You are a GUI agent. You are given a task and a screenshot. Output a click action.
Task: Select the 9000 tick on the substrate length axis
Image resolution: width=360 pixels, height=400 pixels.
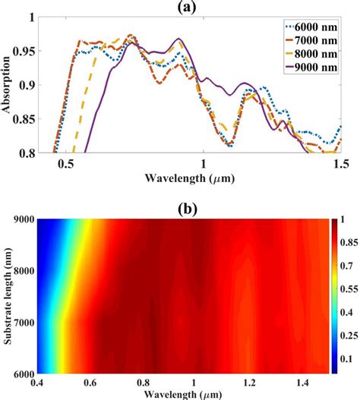(24, 220)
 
